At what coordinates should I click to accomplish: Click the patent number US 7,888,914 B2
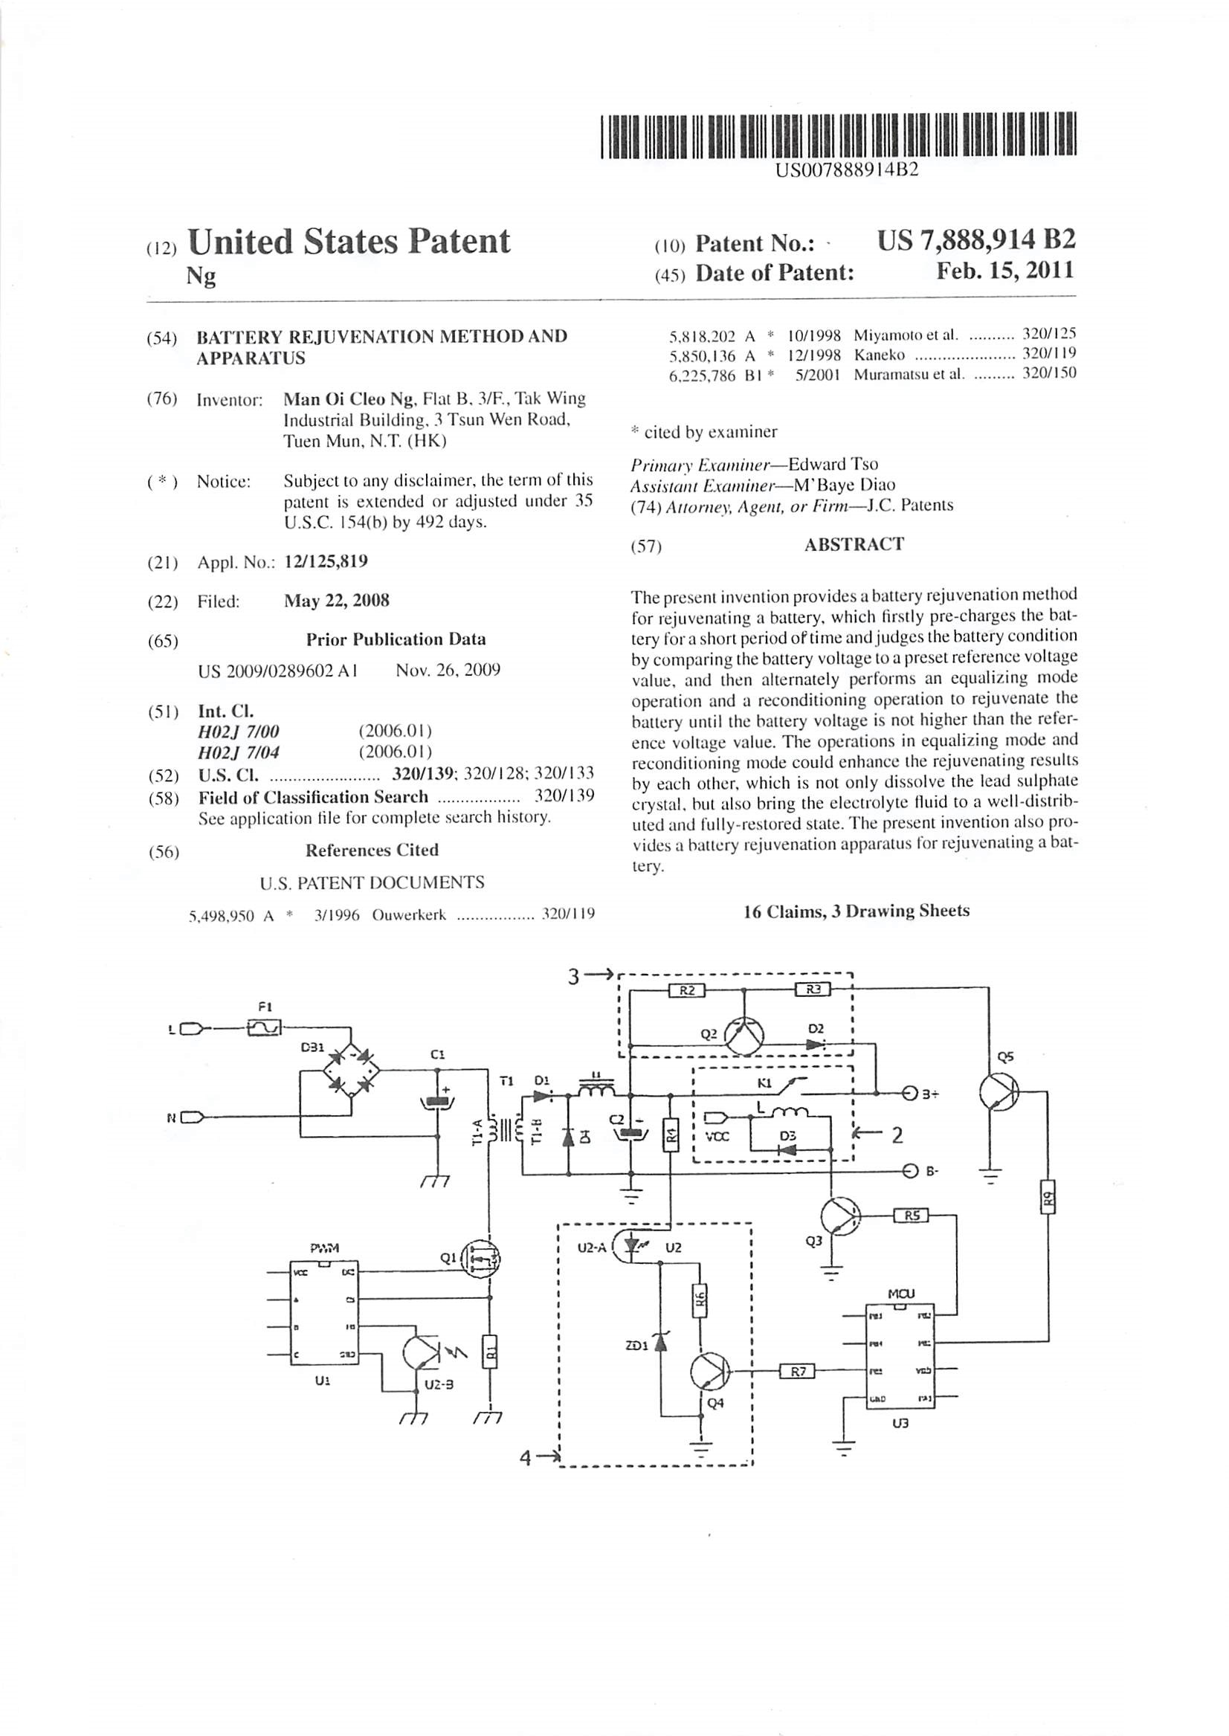tap(975, 241)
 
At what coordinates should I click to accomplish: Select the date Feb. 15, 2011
tap(1005, 271)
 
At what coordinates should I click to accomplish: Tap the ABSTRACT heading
tap(854, 545)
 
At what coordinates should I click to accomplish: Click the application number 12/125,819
tap(326, 561)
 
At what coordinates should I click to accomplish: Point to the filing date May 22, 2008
tap(337, 601)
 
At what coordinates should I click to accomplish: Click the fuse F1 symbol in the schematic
tap(265, 1027)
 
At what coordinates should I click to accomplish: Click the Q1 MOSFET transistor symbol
tap(482, 1259)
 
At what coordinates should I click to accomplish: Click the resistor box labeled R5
tap(912, 1216)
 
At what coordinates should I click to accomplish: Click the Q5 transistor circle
tap(999, 1092)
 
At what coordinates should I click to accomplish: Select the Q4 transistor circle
tap(709, 1371)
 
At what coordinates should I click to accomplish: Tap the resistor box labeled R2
tap(687, 990)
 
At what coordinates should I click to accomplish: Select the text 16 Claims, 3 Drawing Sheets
tap(857, 911)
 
